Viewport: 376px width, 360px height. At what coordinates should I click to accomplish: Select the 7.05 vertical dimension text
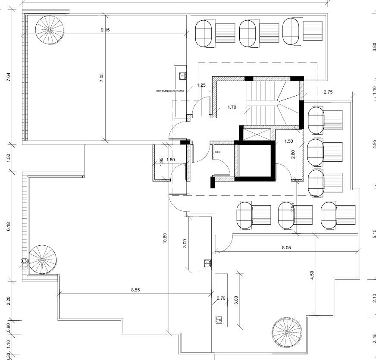coord(101,78)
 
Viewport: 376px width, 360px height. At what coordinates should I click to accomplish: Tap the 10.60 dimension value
coord(165,238)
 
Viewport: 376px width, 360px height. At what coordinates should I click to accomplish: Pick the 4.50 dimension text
coord(312,275)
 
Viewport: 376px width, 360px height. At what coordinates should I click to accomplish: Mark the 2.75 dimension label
coord(329,92)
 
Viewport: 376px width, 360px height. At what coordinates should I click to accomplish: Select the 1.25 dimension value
coord(201,85)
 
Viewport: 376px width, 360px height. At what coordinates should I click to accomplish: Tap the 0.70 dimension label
coord(221,298)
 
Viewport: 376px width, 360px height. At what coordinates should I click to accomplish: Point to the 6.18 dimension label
coord(9,227)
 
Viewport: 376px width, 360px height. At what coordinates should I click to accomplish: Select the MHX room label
coord(218,152)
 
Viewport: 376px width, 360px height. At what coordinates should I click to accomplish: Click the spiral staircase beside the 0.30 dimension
coord(42,259)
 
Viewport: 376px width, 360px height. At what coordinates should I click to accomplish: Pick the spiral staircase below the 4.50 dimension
coord(287,332)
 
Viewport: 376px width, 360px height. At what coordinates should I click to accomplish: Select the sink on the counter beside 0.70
coord(219,319)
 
